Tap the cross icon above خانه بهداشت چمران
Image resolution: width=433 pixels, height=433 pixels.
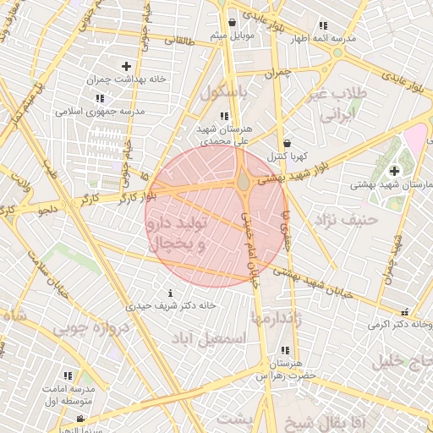[x=126, y=66]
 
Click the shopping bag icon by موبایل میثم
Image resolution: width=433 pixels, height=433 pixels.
[x=232, y=23]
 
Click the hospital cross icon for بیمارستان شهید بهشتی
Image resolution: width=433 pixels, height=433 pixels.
[x=394, y=171]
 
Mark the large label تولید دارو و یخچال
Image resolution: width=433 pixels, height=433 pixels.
[x=178, y=235]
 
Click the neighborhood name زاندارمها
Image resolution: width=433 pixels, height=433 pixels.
[x=277, y=318]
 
